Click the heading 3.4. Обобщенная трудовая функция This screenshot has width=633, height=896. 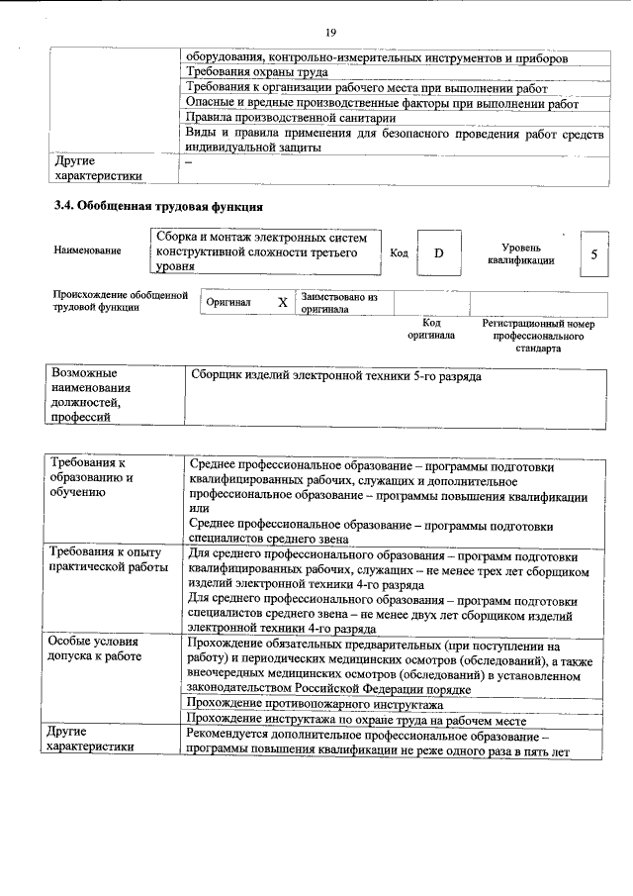coord(157,206)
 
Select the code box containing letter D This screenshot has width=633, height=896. coord(438,253)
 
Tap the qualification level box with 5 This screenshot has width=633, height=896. coord(592,253)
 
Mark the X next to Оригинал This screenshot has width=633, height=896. coord(282,302)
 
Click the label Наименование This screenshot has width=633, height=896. coord(88,251)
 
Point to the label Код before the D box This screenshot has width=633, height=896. coord(399,253)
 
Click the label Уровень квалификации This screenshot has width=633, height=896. coord(520,252)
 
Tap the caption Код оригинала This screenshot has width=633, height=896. coord(431,329)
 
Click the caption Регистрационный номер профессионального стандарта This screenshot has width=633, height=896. coord(538,336)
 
